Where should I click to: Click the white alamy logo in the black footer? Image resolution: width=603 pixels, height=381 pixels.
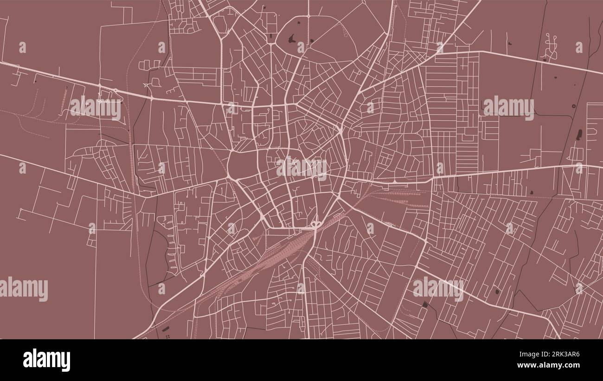pyautogui.click(x=46, y=360)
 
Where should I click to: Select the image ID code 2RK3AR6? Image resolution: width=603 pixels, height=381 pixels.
pyautogui.click(x=565, y=355)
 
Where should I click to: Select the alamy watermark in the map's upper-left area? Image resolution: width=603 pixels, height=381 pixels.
pyautogui.click(x=96, y=108)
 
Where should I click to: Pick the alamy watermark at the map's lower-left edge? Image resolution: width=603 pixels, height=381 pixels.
pyautogui.click(x=24, y=289)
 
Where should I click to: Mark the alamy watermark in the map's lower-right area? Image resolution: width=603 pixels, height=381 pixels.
pyautogui.click(x=438, y=288)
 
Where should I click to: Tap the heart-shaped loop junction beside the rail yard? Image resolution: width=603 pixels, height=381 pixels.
pyautogui.click(x=316, y=225)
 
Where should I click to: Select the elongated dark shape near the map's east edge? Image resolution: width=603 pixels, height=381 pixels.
pyautogui.click(x=579, y=135)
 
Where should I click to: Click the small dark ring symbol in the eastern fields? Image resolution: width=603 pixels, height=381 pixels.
pyautogui.click(x=573, y=106)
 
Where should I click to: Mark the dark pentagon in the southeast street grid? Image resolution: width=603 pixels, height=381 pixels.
pyautogui.click(x=497, y=291)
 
